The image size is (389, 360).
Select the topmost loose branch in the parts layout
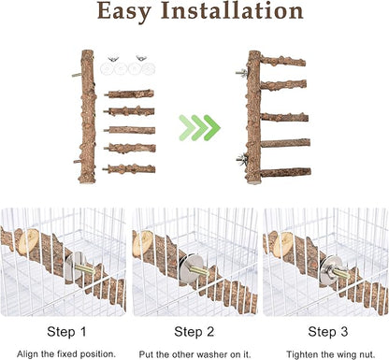click(130, 94)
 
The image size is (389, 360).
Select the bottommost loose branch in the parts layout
click(130, 169)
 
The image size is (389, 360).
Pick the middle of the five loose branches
click(130, 130)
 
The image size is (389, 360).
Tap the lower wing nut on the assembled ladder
click(241, 158)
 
